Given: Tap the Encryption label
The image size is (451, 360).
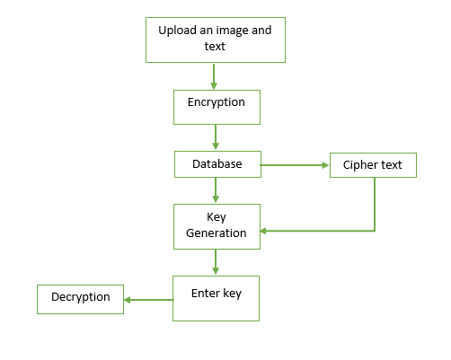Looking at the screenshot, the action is (217, 102).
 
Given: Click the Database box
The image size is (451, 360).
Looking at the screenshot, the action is (217, 164).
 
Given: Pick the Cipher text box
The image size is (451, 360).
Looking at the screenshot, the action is (373, 165).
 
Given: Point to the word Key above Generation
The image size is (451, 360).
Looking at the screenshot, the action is (217, 217).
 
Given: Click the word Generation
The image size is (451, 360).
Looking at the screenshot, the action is (217, 233).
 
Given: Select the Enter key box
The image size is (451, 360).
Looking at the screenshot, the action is (216, 298).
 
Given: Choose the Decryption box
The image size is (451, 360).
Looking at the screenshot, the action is (80, 299).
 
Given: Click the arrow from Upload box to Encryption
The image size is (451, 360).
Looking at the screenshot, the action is (214, 76).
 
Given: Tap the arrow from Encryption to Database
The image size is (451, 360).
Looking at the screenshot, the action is (216, 137).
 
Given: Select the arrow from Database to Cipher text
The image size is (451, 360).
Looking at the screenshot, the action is (295, 165).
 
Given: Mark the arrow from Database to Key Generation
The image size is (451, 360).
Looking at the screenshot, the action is (216, 190).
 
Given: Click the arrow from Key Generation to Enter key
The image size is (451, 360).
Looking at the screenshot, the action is (216, 262).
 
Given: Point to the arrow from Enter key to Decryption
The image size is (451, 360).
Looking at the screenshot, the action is (149, 300).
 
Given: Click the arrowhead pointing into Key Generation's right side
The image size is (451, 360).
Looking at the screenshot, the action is (263, 231).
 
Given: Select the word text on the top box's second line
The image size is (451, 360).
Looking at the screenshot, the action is (215, 47).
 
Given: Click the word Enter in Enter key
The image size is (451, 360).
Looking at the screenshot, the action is (206, 294).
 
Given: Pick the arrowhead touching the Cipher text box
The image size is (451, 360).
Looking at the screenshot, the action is (326, 165).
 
